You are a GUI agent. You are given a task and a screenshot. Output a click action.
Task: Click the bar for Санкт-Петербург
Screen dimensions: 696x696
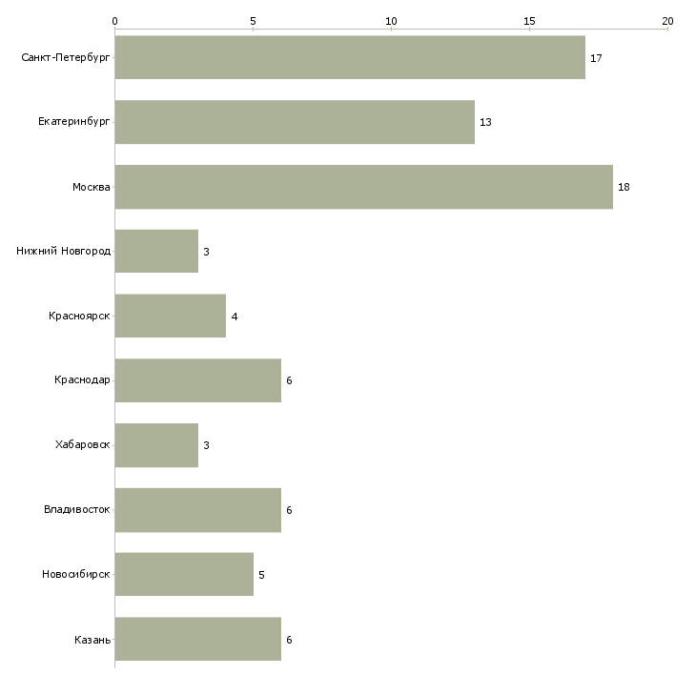350,57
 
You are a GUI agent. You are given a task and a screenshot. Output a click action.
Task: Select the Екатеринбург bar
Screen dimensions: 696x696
295,122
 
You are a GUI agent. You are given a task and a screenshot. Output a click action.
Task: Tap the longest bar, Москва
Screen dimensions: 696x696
364,187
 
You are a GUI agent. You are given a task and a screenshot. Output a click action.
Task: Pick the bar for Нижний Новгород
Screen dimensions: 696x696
156,252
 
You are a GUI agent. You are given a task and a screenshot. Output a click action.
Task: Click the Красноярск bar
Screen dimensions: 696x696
171,316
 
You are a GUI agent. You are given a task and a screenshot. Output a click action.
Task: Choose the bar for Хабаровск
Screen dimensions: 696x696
156,445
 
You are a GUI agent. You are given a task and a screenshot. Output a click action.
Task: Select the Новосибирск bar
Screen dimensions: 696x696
184,574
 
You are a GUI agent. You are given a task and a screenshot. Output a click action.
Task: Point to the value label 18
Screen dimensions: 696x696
624,187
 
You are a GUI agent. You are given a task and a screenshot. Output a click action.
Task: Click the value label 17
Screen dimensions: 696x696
596,58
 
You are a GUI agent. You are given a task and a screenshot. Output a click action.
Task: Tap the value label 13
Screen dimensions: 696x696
485,122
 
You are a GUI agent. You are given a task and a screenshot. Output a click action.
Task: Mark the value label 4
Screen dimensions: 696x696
235,317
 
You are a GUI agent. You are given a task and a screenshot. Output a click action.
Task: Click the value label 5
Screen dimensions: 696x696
261,575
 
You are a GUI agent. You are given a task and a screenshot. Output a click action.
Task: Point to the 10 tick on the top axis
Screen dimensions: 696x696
391,21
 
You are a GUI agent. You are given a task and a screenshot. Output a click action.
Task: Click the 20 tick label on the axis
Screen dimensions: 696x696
667,21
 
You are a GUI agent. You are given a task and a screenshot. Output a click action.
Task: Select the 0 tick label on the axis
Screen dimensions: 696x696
115,21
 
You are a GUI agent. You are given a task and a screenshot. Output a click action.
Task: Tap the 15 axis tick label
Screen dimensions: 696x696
529,21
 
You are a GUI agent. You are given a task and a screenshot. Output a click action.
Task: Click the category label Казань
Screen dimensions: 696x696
92,640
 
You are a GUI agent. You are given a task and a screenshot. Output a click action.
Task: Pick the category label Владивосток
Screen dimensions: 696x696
77,509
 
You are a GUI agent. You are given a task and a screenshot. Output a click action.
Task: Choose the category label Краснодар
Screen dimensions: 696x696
82,380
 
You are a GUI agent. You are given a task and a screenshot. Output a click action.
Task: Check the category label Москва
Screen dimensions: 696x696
91,187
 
